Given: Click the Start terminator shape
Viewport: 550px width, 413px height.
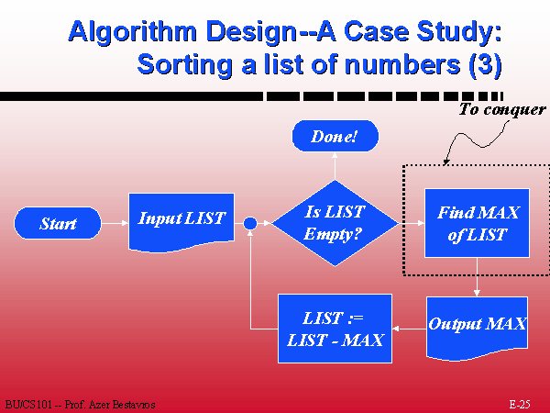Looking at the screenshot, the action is (58, 223).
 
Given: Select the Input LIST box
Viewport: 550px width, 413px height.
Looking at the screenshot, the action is (181, 222).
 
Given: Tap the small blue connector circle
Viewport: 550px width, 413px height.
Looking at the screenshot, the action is (250, 223).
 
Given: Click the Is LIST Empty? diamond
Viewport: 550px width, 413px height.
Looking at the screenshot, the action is (335, 223).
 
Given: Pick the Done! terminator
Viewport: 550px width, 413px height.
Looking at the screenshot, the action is (335, 136).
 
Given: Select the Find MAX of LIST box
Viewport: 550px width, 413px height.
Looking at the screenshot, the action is (477, 223).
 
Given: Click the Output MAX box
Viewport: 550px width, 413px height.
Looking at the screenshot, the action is (477, 329).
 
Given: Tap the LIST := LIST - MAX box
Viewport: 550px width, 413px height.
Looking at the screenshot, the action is (335, 329).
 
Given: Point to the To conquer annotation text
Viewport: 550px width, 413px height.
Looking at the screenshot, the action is (502, 109).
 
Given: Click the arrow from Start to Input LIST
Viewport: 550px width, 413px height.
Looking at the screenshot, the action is (115, 223).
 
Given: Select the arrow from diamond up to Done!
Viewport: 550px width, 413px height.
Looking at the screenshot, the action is (335, 166).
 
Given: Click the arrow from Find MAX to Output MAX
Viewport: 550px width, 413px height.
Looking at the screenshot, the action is (477, 277).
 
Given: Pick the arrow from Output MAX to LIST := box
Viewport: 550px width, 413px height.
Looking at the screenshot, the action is (410, 329).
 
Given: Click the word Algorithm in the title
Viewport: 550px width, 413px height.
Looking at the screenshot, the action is (132, 32).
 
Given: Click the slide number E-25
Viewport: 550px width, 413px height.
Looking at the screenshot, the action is (520, 404).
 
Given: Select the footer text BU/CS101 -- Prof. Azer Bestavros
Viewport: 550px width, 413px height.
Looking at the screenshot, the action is (81, 405).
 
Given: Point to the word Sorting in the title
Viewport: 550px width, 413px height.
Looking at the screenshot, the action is (184, 65).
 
